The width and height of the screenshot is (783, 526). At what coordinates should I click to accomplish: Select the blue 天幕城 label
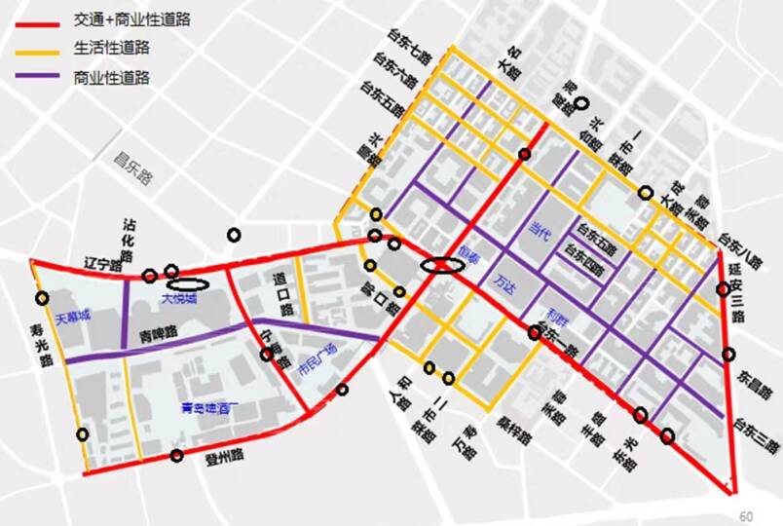[72, 318]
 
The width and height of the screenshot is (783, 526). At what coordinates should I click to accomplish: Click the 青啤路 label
[157, 333]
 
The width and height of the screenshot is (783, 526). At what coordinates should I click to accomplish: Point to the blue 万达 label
[504, 285]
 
